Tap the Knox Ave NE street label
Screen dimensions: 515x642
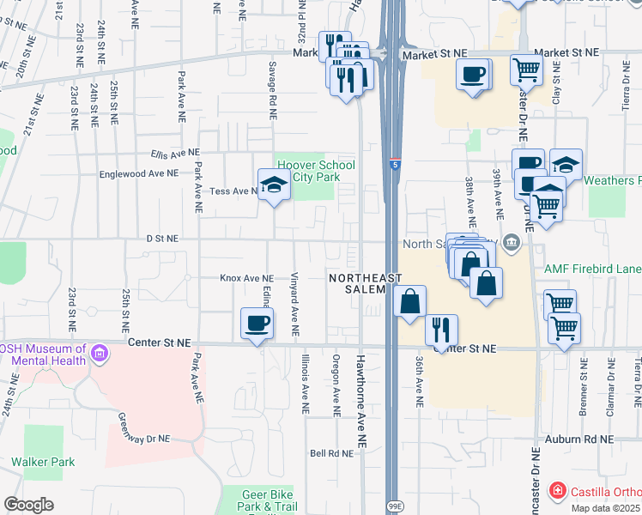246,278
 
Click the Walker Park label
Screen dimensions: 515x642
42,462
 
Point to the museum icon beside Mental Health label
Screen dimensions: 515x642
99,352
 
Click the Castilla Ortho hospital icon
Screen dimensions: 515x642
557,490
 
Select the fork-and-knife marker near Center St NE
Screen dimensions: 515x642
441,329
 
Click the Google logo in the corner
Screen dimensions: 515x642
28,505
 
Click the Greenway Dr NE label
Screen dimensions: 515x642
145,438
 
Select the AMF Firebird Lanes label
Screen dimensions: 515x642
592,269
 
